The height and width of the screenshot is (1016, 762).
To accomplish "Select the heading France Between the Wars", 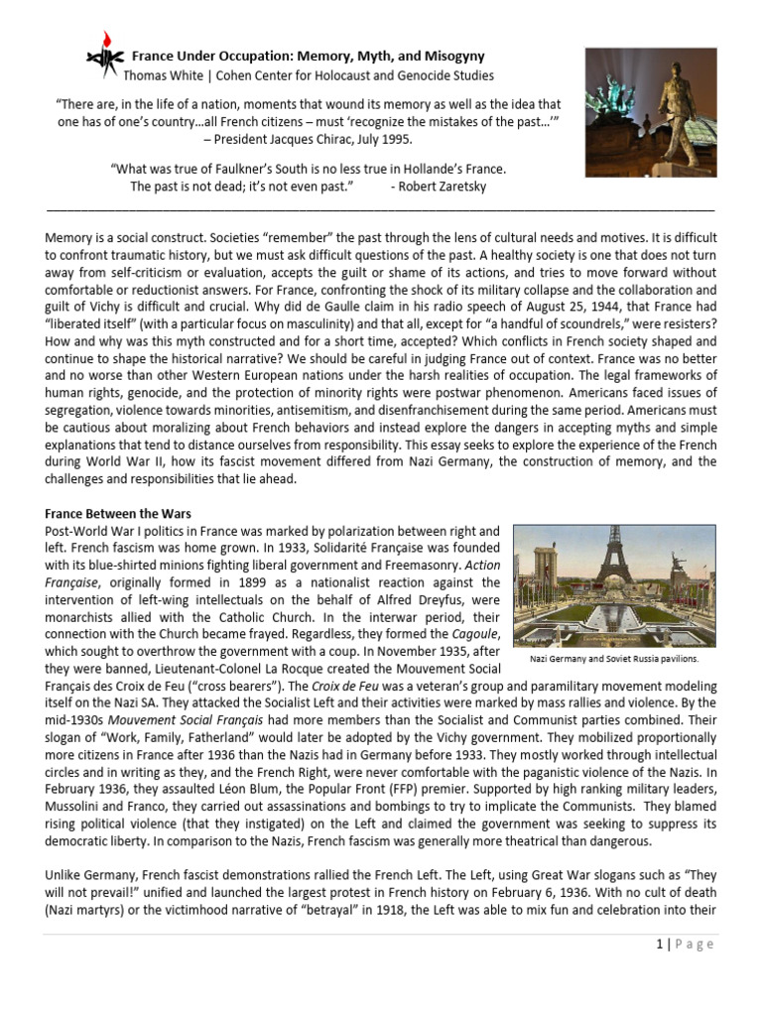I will click(x=118, y=513).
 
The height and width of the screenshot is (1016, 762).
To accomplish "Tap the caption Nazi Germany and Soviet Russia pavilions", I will click(x=612, y=658).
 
